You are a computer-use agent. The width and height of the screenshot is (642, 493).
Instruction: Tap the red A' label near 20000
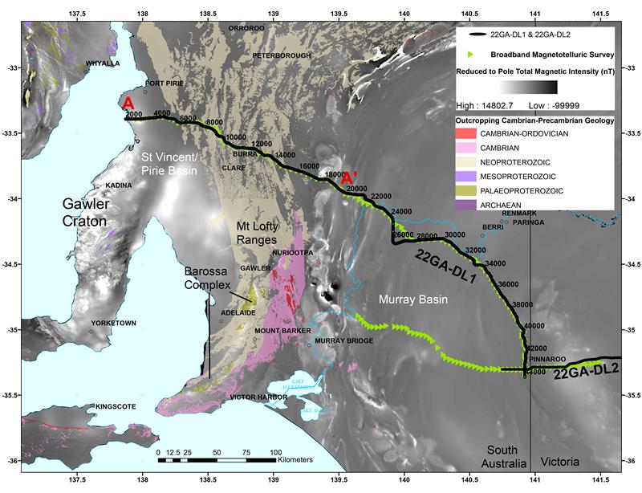(x=350, y=179)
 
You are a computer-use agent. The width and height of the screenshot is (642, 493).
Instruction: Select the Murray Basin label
(x=412, y=299)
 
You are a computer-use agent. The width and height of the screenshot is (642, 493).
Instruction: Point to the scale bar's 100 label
(x=275, y=453)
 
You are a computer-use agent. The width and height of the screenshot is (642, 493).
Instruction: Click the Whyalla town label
(x=103, y=62)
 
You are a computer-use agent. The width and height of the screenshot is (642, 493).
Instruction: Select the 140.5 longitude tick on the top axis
(x=470, y=14)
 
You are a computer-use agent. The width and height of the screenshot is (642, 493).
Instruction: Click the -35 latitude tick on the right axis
(x=632, y=329)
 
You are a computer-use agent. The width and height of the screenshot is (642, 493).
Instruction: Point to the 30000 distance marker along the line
(x=454, y=234)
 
